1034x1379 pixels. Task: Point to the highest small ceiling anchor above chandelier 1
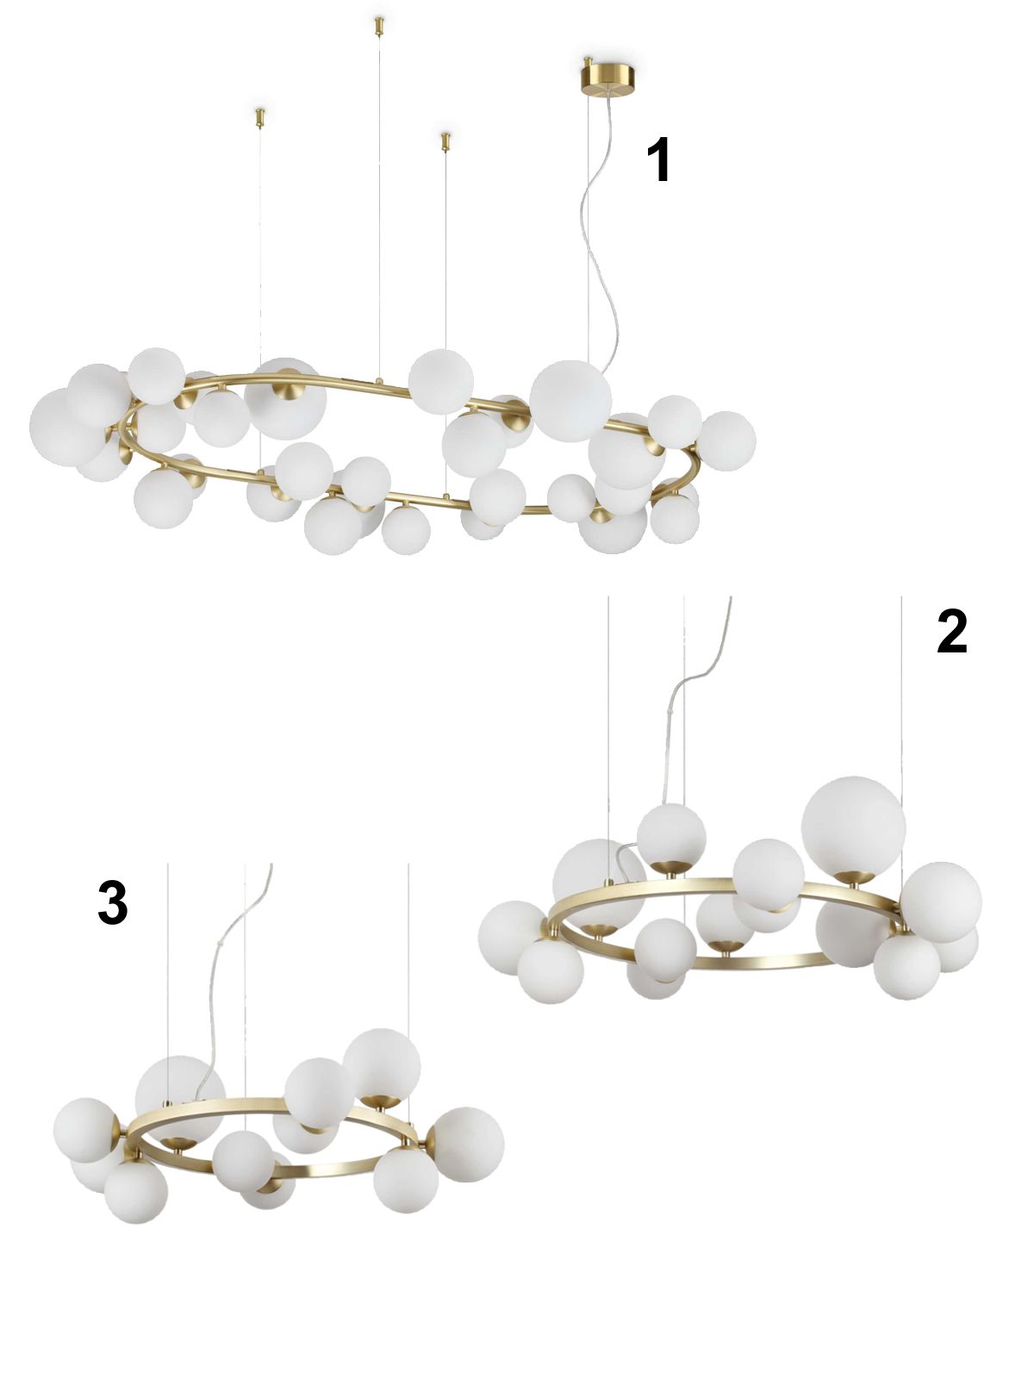[378, 26]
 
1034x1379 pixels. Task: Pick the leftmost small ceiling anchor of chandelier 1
[260, 118]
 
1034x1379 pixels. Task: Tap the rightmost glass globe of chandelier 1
[726, 441]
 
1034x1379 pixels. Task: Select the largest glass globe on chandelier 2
[853, 827]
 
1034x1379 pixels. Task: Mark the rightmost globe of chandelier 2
[942, 902]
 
